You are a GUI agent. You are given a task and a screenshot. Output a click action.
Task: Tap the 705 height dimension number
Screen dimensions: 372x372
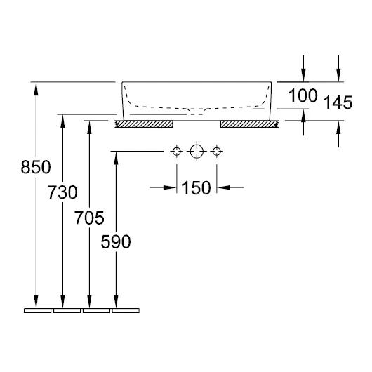click(x=90, y=218)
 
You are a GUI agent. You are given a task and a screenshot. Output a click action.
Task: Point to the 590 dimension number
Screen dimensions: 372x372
click(x=117, y=243)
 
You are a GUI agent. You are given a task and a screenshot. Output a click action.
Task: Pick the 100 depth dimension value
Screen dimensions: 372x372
click(x=303, y=95)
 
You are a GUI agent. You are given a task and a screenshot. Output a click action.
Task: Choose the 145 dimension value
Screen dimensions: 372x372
click(x=338, y=104)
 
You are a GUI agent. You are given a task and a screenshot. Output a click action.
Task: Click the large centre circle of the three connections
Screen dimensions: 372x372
click(x=197, y=151)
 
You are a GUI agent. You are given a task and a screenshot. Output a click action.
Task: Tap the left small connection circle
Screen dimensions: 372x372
click(x=175, y=151)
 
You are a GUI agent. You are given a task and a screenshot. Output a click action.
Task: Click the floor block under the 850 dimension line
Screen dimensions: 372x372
click(x=37, y=309)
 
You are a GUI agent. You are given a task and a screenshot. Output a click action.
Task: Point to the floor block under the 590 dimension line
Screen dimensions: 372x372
click(x=126, y=309)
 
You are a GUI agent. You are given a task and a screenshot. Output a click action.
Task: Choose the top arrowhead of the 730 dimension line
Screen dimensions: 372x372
click(x=63, y=119)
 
